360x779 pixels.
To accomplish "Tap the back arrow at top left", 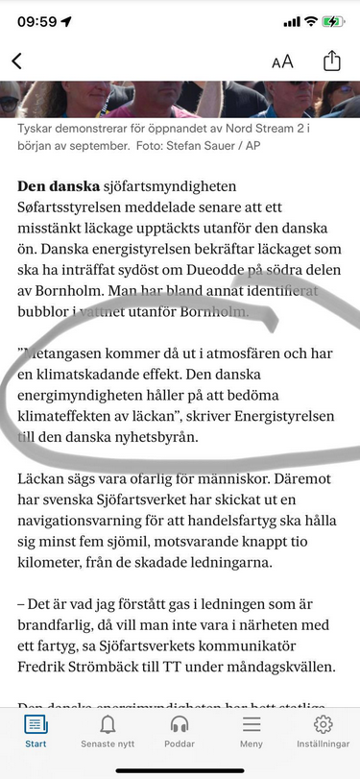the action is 16,61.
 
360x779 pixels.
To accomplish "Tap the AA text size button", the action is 282,61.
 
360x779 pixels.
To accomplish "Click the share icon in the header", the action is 332,61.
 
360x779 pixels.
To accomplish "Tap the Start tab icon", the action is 36,724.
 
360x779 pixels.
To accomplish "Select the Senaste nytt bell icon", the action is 108,724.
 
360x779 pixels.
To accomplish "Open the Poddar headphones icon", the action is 180,724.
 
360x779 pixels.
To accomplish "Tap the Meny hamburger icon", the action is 252,724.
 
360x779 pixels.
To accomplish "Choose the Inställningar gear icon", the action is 324,724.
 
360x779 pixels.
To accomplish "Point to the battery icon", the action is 333,21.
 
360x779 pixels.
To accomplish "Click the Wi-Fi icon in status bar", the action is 311,21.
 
